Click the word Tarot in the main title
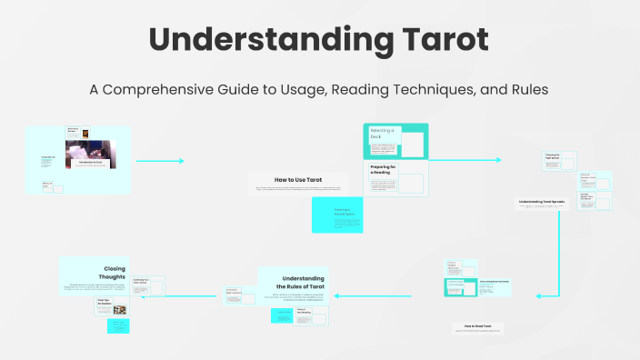pos(442,41)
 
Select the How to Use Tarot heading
pos(298,180)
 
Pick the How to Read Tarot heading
pos(477,325)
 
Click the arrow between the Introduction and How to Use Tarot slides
pos(160,161)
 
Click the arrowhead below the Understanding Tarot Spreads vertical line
pos(538,295)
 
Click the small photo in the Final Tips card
pos(119,309)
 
